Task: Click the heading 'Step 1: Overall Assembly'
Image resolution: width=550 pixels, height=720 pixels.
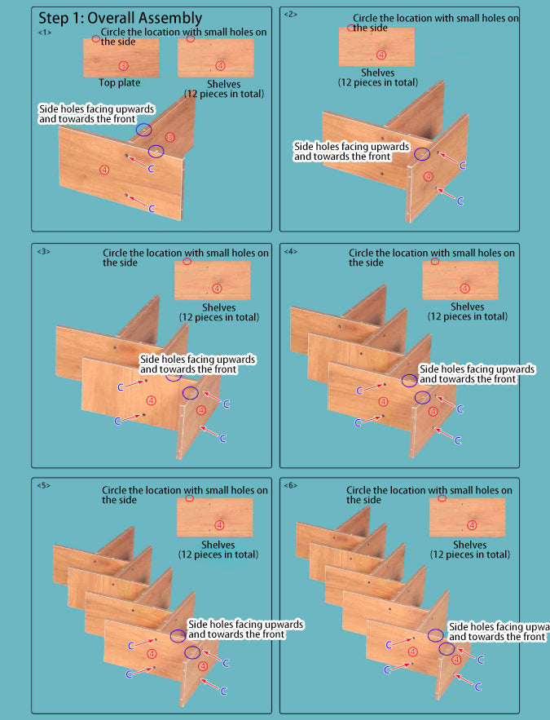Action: [120, 17]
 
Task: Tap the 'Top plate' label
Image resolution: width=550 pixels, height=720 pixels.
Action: [120, 82]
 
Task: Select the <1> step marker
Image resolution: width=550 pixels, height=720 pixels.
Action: [45, 32]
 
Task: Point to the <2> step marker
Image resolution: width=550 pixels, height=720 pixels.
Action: [290, 13]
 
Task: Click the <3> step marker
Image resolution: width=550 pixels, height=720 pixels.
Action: [43, 251]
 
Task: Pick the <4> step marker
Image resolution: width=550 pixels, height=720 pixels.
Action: [291, 251]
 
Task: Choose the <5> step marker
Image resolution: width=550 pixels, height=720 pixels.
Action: [43, 485]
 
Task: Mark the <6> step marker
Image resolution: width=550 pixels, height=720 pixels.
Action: [291, 485]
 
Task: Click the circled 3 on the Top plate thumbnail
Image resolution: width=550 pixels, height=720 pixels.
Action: [123, 65]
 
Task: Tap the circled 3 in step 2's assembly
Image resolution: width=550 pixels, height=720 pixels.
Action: [429, 176]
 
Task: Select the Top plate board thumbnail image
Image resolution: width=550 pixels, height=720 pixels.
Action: [121, 57]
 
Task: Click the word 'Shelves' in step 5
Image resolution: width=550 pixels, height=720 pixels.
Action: [218, 545]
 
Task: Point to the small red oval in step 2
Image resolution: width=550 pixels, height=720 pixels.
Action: [351, 28]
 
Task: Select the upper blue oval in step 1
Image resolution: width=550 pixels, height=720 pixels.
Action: [144, 130]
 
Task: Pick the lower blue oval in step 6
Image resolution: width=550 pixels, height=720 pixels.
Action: [447, 649]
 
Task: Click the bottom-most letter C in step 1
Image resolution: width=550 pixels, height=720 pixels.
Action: [152, 209]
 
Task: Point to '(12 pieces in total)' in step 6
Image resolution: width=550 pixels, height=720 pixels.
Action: [469, 554]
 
